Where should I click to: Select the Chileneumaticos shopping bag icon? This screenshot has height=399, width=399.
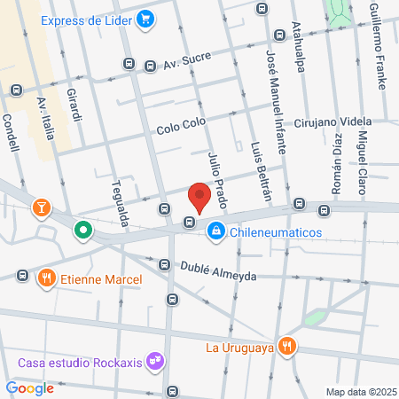215,232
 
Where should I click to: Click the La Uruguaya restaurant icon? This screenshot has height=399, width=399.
286,346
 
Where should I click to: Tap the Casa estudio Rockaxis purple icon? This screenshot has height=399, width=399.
156,361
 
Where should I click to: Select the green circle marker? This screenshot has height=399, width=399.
83,231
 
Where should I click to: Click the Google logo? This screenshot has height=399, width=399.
30,387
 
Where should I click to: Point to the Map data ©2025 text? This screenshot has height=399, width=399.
361,392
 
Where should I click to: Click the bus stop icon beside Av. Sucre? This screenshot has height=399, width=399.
129,64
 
